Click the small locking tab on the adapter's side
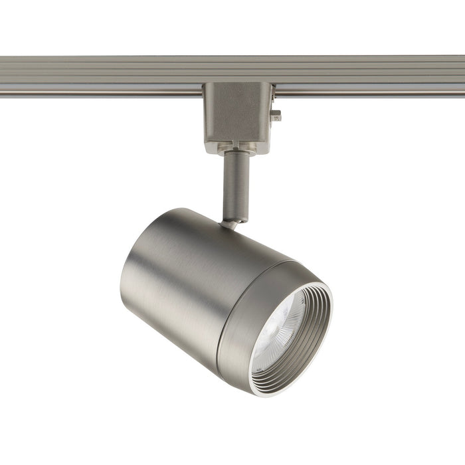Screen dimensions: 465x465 click(x=276, y=116)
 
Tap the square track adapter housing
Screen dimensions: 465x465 click(x=238, y=113)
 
